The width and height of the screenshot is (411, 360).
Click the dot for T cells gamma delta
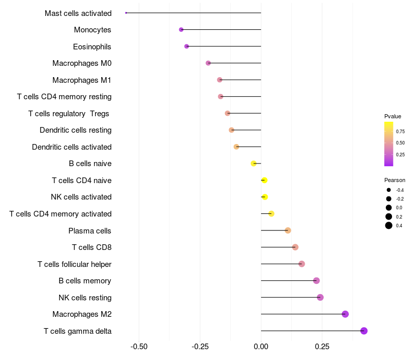[364, 331]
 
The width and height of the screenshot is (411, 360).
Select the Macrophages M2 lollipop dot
[345, 314]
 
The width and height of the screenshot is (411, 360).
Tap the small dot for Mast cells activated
[126, 13]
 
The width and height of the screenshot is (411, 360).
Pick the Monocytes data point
[181, 30]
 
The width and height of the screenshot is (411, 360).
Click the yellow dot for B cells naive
[253, 164]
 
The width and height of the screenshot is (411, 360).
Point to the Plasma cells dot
[288, 230]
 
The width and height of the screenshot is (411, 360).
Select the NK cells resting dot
[320, 297]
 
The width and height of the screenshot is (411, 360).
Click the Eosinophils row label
[92, 47]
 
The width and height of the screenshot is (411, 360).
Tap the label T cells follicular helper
[74, 264]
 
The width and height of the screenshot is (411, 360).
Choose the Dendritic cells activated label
[71, 147]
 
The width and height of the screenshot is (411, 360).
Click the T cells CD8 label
[91, 247]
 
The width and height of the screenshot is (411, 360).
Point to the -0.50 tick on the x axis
[139, 347]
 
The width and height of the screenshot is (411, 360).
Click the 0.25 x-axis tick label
[322, 347]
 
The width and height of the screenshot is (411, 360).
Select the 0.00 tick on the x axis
[261, 347]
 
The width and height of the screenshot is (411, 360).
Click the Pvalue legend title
[393, 116]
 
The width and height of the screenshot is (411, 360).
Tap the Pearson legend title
[395, 181]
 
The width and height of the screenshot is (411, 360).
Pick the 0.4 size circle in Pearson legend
[389, 225]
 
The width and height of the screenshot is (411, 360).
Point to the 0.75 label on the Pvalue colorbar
[400, 131]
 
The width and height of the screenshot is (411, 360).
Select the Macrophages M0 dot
[208, 63]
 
